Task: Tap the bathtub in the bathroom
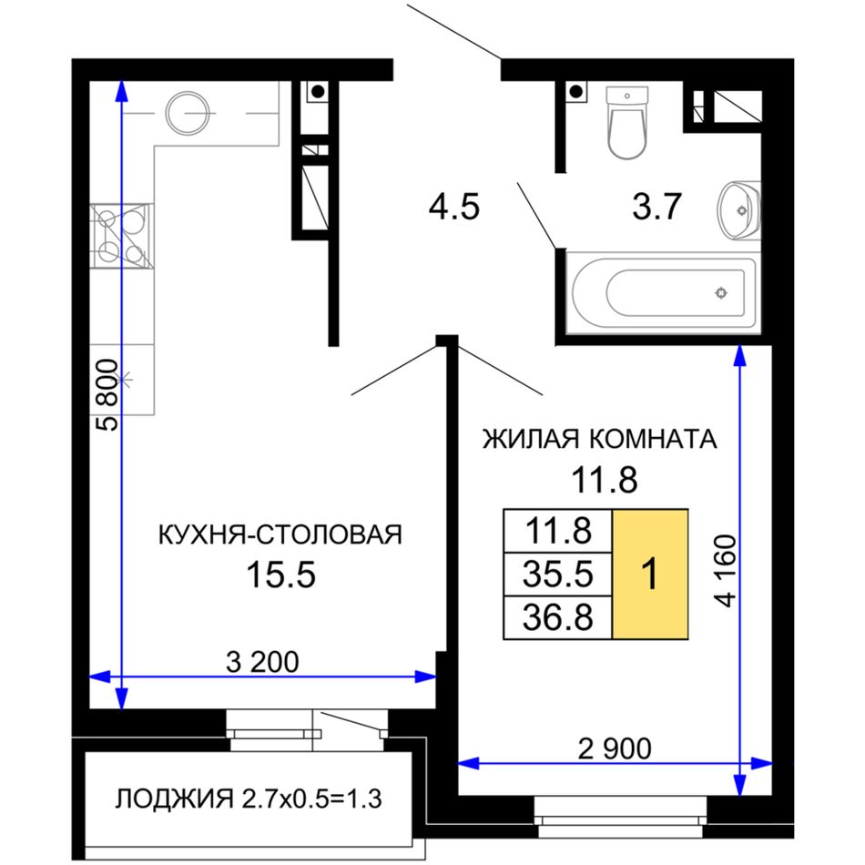pyautogui.click(x=664, y=293)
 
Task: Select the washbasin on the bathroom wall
pyautogui.click(x=739, y=210)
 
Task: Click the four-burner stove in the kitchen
pyautogui.click(x=121, y=236)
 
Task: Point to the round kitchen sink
pyautogui.click(x=188, y=113)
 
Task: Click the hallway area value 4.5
pyautogui.click(x=454, y=207)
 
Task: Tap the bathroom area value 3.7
pyautogui.click(x=656, y=207)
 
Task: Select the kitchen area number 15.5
pyautogui.click(x=280, y=575)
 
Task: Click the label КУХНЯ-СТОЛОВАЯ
pyautogui.click(x=280, y=534)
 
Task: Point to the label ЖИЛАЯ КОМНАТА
pyautogui.click(x=600, y=439)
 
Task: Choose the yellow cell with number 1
pyautogui.click(x=650, y=575)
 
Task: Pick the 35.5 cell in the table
pyautogui.click(x=558, y=575)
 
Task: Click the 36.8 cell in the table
pyautogui.click(x=558, y=617)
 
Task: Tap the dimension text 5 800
pyautogui.click(x=107, y=395)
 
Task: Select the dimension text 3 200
pyautogui.click(x=262, y=661)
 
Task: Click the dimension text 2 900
pyautogui.click(x=615, y=748)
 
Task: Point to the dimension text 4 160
pyautogui.click(x=727, y=572)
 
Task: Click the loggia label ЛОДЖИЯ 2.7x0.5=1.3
pyautogui.click(x=249, y=799)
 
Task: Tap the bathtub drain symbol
pyautogui.click(x=721, y=293)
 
